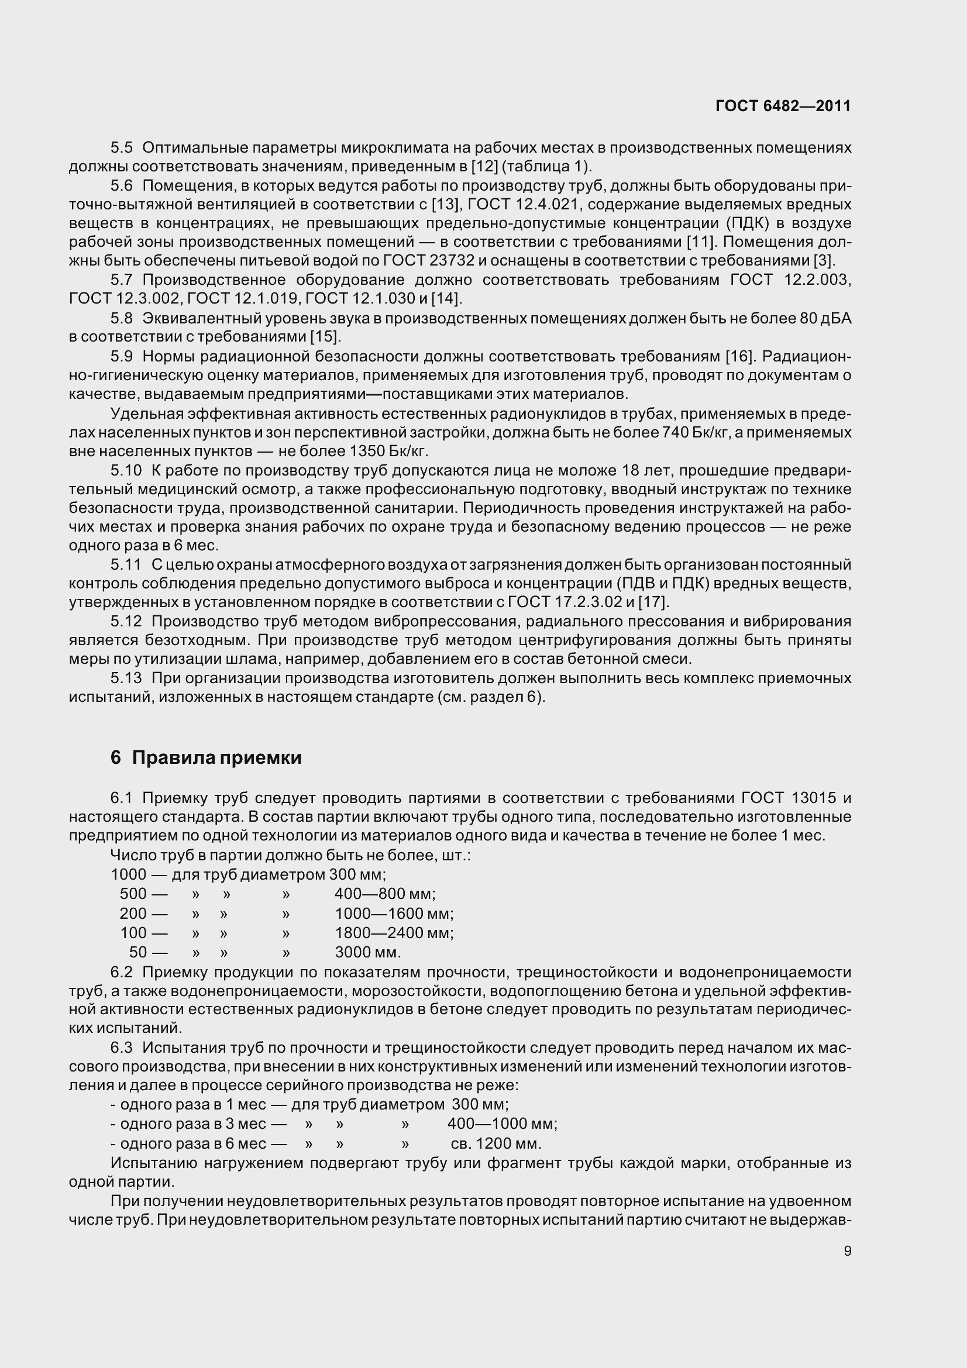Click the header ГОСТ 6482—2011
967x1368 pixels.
(x=783, y=106)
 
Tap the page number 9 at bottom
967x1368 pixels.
(x=847, y=1250)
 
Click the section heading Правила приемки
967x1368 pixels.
(x=217, y=758)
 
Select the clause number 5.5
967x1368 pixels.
(x=122, y=147)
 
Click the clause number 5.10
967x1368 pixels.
(x=126, y=471)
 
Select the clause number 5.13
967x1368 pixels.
(x=126, y=678)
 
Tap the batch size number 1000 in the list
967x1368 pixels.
(x=128, y=874)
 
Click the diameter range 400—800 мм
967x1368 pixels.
(x=385, y=894)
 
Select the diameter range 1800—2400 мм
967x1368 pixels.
(x=394, y=932)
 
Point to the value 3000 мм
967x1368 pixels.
(x=367, y=952)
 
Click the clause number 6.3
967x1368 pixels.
(x=122, y=1048)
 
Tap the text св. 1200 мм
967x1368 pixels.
(x=495, y=1143)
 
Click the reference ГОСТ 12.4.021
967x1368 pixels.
(x=523, y=204)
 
